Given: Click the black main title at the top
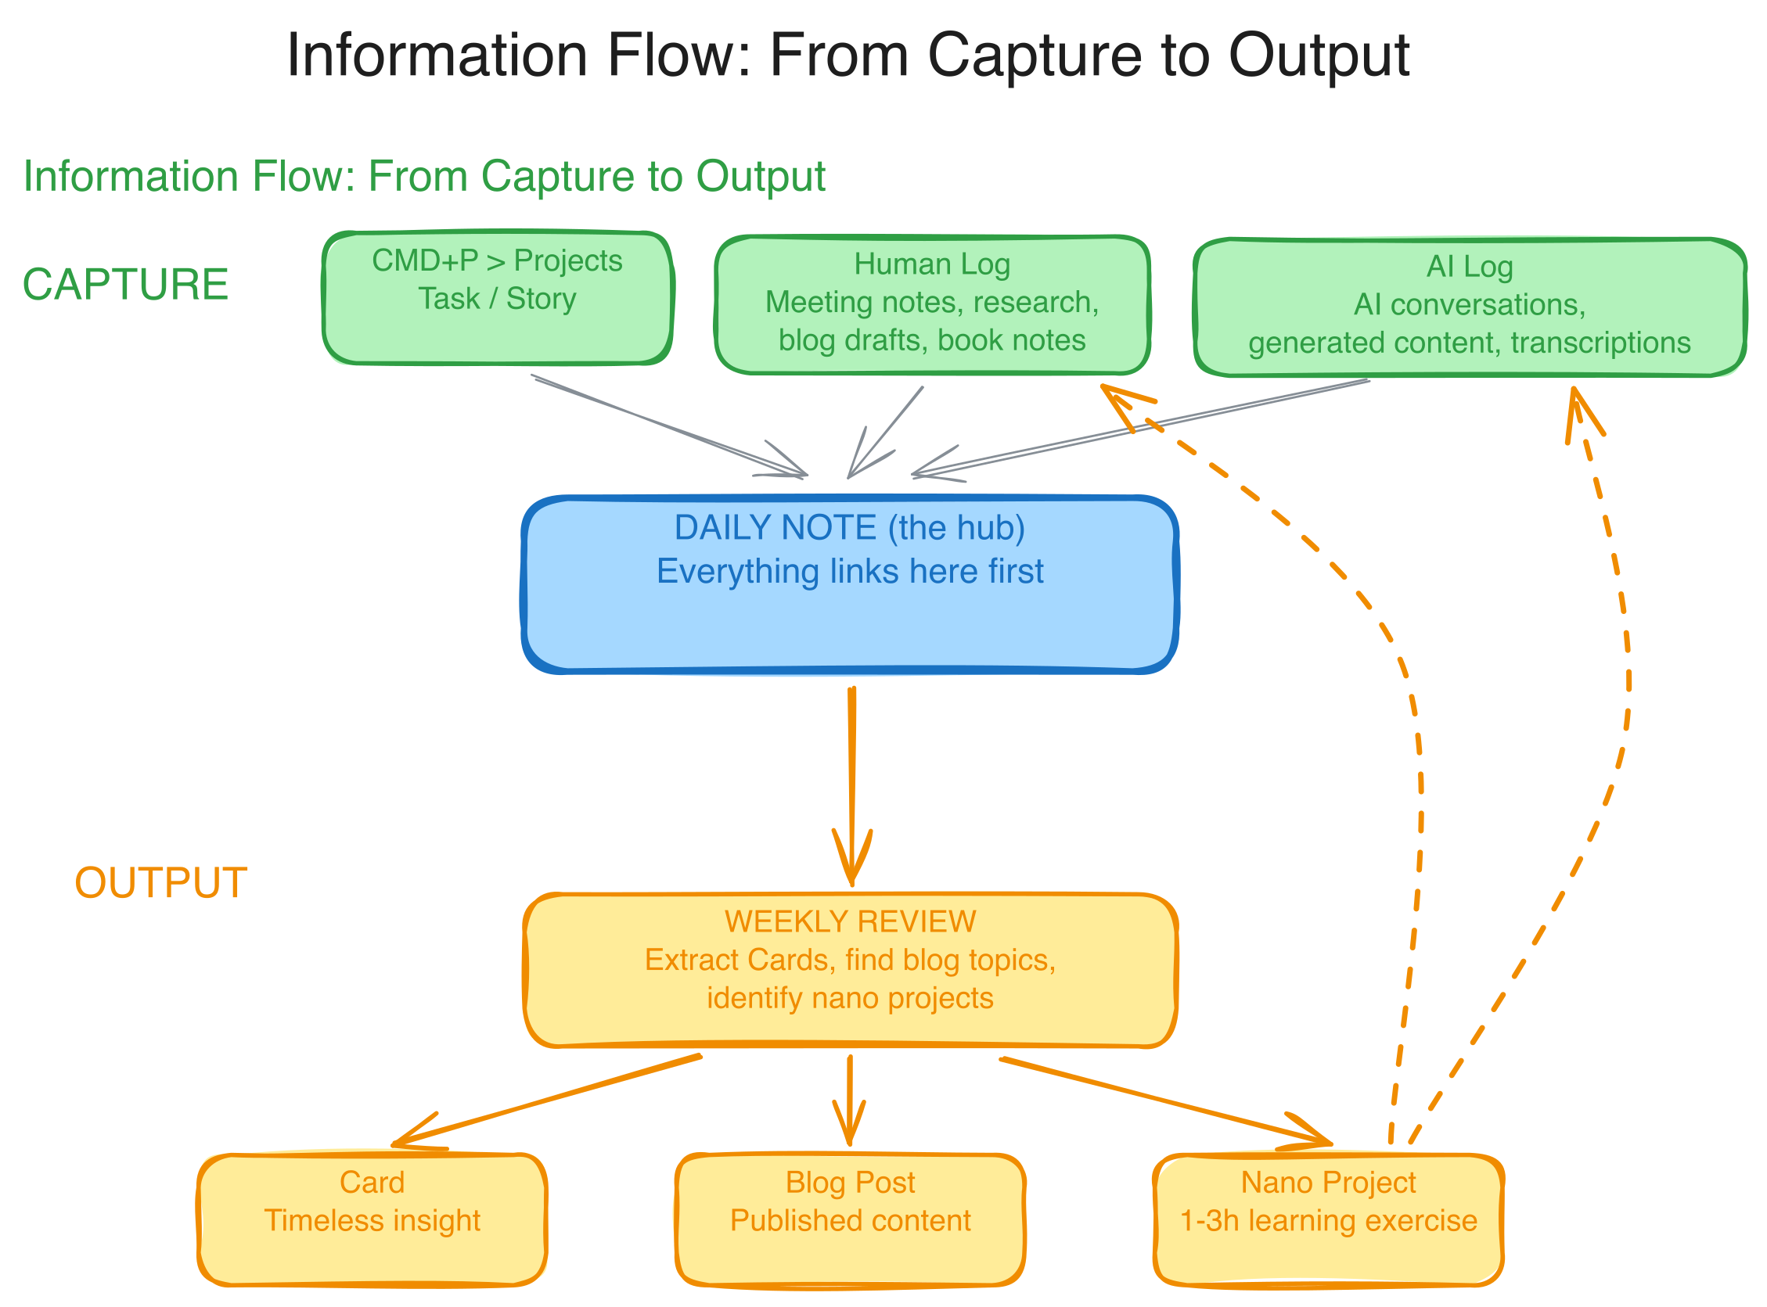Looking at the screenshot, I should coord(848,56).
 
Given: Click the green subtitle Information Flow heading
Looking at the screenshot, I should coord(424,176).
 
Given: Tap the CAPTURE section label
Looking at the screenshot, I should coord(125,285).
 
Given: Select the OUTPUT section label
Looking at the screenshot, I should coord(160,883).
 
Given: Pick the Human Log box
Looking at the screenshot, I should coord(931,303).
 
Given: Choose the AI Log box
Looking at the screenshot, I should coord(1469,307).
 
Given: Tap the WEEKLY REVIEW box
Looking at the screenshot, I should coord(850,970).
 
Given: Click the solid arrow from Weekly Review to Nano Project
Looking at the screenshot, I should coord(1163,1101).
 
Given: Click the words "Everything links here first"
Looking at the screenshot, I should coord(850,571).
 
